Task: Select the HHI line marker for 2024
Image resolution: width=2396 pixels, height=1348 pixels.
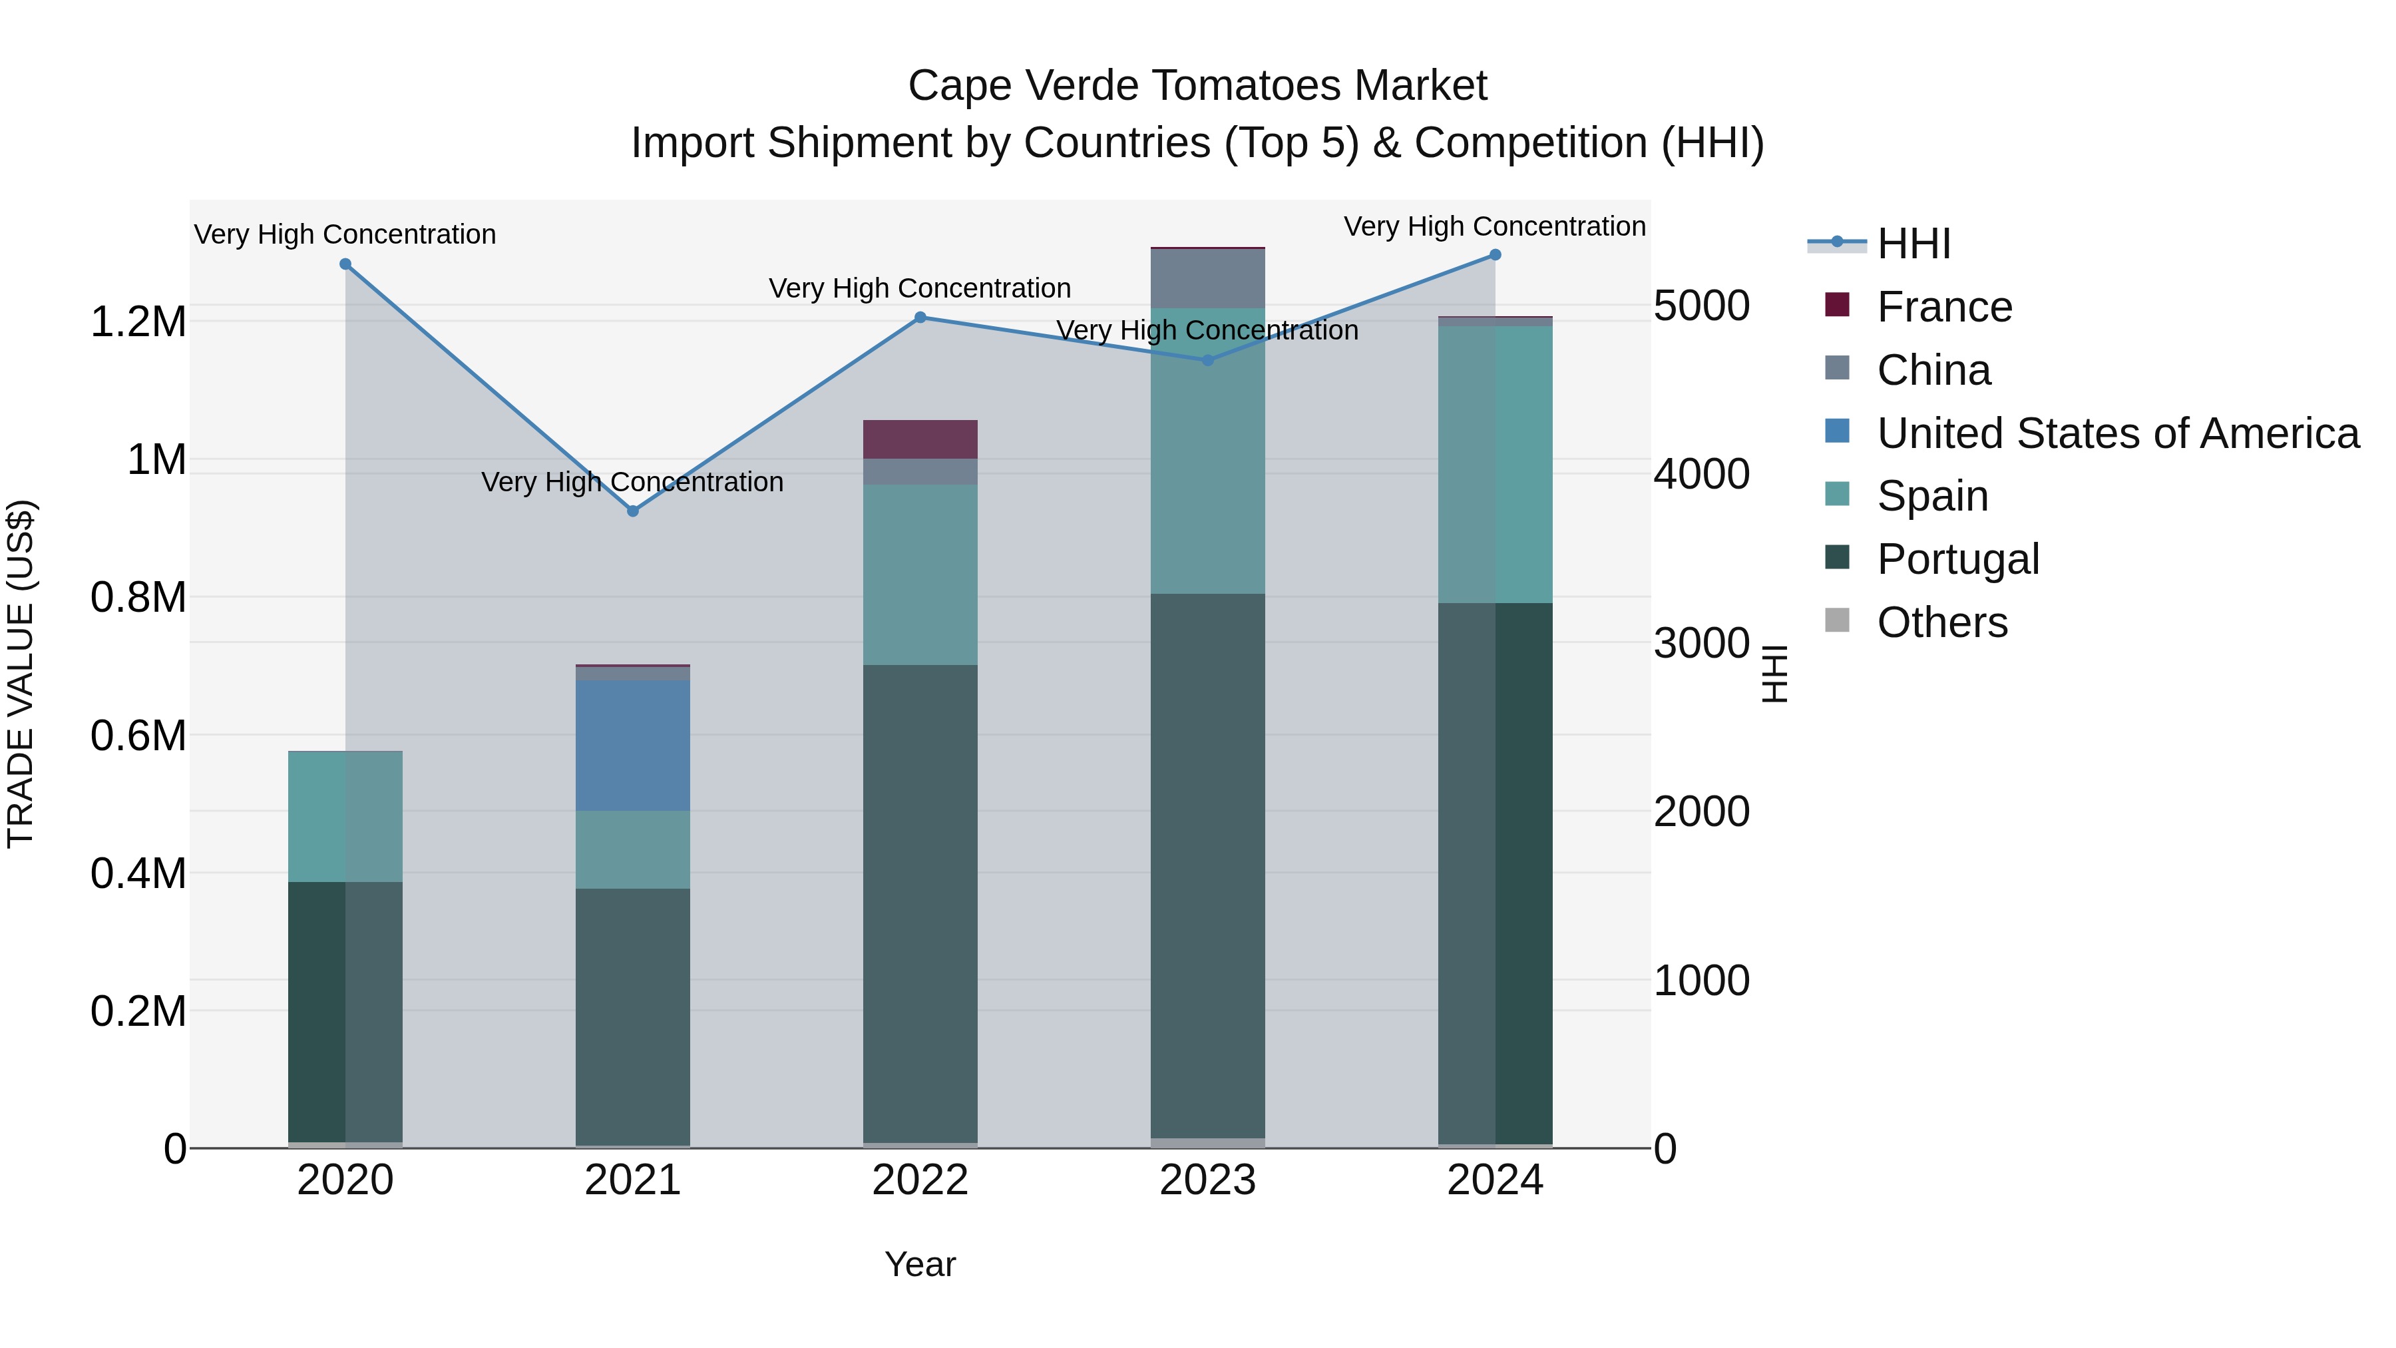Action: point(1495,255)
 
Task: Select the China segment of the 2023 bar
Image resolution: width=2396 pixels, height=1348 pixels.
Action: point(1207,278)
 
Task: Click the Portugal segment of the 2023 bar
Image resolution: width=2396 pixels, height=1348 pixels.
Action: point(1207,865)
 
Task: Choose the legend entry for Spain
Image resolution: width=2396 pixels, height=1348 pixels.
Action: point(1932,496)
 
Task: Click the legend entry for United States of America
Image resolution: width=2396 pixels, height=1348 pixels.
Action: point(2117,433)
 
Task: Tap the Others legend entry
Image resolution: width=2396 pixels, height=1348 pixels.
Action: point(1941,622)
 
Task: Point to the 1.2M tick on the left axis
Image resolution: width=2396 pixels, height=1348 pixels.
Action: point(138,322)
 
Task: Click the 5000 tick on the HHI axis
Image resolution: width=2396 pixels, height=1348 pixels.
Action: point(1701,306)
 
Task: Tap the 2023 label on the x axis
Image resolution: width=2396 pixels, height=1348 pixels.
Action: point(1207,1180)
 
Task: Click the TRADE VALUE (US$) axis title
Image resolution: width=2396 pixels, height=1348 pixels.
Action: point(21,674)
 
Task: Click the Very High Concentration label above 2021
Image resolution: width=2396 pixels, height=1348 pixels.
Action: point(632,482)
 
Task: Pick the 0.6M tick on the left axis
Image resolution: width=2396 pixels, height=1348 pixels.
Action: point(138,736)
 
